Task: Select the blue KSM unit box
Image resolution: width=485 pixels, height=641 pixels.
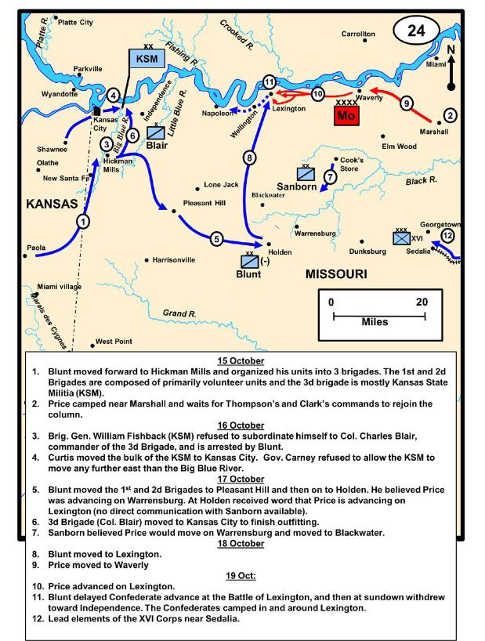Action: click(143, 59)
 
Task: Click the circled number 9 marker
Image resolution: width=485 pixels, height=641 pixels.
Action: click(405, 103)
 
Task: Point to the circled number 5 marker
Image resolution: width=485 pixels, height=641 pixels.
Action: click(217, 238)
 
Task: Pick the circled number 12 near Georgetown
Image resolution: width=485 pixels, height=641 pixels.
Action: click(447, 235)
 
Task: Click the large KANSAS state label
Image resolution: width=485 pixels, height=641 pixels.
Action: click(52, 204)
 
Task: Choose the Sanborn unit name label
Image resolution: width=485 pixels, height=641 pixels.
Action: click(297, 187)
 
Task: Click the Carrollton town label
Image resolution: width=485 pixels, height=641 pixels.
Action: click(358, 34)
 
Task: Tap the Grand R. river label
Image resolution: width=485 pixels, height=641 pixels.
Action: click(179, 313)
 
